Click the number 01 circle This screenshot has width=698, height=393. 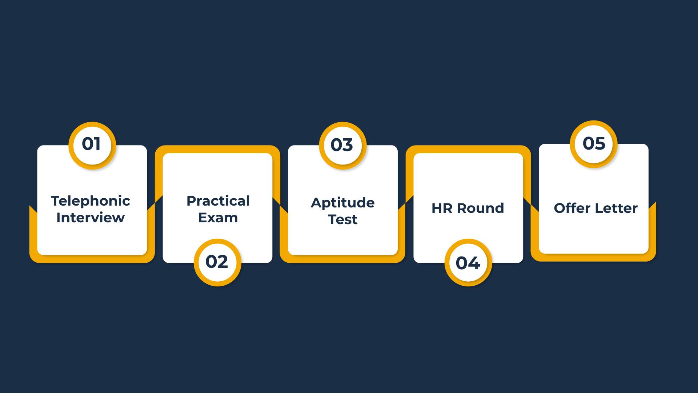click(92, 146)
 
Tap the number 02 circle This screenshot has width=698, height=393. click(217, 262)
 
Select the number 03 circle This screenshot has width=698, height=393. click(343, 146)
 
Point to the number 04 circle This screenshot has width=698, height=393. click(468, 262)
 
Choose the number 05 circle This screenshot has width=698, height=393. click(594, 144)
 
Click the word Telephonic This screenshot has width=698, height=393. click(91, 201)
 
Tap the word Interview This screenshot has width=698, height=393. click(91, 218)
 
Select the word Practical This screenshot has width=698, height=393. click(218, 201)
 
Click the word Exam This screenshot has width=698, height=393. click(218, 218)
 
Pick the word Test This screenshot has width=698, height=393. click(343, 219)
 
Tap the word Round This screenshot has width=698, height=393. click(480, 208)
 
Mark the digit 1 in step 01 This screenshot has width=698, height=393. click(97, 144)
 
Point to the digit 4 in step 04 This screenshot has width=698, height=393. click(474, 263)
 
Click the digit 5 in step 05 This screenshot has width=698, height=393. click(600, 143)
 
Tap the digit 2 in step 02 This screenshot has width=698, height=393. click(222, 262)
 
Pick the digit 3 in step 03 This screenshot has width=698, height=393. click(348, 145)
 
